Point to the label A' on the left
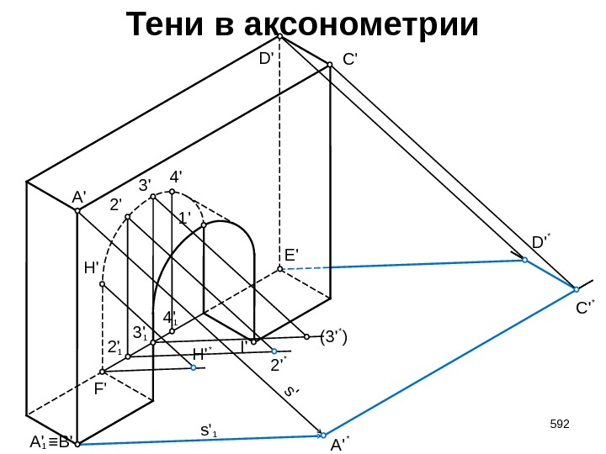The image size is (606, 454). tap(79, 197)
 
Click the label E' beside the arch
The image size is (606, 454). tap(292, 255)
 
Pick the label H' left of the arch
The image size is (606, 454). tap(93, 268)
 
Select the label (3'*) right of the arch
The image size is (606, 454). tap(334, 336)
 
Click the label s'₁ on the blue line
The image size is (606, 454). tap(208, 430)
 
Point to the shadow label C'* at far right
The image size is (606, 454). tap(585, 308)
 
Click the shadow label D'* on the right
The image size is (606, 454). tap(541, 243)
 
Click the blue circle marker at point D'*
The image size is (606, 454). tap(524, 261)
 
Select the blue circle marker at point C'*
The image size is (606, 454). tap(576, 289)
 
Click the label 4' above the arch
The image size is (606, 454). tap(177, 177)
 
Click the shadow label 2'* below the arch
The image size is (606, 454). tap(279, 364)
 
